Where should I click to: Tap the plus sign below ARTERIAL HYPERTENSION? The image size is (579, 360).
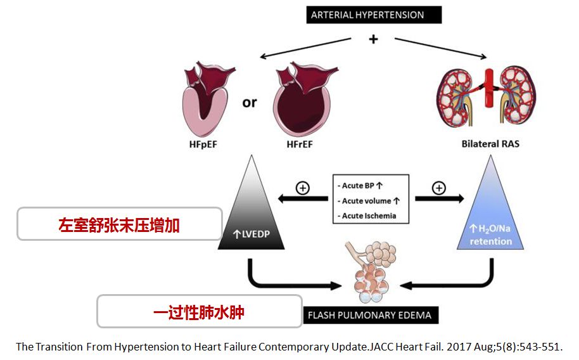[x=373, y=39]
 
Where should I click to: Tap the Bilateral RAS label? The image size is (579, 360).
[x=491, y=144]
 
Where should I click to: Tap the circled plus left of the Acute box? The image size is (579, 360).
[x=303, y=189]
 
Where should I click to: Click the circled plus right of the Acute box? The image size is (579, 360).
[x=438, y=188]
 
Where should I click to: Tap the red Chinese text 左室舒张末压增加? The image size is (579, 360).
[x=119, y=225]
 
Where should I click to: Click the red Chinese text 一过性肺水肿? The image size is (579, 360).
[x=199, y=312]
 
